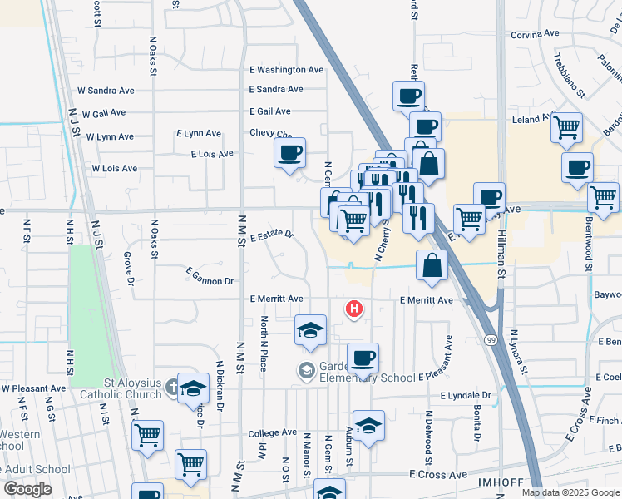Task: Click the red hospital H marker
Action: [x=354, y=309]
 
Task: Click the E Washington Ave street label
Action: [x=286, y=70]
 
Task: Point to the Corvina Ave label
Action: [x=536, y=34]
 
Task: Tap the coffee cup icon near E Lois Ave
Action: [x=289, y=153]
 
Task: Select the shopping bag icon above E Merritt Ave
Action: [x=432, y=266]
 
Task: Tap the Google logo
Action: [x=27, y=489]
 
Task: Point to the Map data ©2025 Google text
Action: [x=570, y=492]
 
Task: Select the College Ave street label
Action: [x=272, y=433]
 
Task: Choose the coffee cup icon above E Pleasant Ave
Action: [x=362, y=358]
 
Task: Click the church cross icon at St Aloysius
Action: [x=171, y=387]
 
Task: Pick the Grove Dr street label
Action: [x=129, y=266]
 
